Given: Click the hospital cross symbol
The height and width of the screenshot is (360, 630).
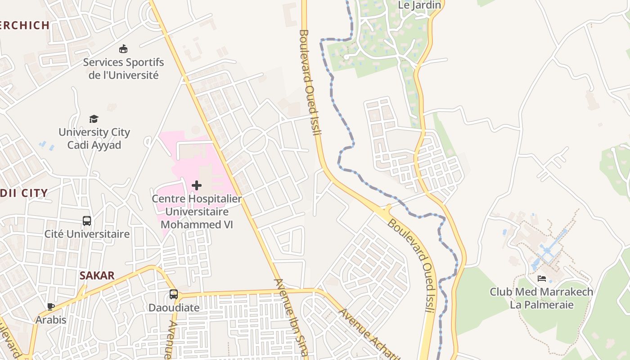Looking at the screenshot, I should tap(196, 185).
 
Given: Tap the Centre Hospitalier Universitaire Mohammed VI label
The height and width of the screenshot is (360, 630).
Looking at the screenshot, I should tap(197, 211).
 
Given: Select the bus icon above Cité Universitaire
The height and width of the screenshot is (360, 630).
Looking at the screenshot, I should tap(87, 221).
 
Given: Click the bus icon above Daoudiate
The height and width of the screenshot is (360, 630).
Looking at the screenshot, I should tap(174, 294).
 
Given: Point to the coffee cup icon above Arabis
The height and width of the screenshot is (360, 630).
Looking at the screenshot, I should tap(51, 307).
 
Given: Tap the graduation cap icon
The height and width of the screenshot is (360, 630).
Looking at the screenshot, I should tap(94, 119).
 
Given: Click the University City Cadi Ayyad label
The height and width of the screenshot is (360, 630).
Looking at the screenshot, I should tap(94, 139).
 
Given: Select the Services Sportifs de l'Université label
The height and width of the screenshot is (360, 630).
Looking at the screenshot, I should tap(123, 68).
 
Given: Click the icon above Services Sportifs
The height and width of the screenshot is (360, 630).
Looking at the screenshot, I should tap(123, 49).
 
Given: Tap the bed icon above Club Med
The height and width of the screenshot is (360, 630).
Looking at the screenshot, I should tap(542, 279).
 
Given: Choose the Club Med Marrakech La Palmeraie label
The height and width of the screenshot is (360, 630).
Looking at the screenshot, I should tap(541, 298).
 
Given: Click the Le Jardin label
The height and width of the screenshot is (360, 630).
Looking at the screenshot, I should tap(413, 5).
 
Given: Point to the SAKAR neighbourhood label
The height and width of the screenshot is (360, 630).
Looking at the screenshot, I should tap(97, 276).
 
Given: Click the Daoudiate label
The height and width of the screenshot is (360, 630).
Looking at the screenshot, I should tap(174, 308).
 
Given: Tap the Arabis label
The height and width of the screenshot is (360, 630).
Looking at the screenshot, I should tap(51, 320).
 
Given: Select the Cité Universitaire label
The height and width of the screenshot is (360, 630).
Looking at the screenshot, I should tap(87, 234).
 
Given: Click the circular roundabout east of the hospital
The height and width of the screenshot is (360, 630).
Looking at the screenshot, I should tap(254, 141).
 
